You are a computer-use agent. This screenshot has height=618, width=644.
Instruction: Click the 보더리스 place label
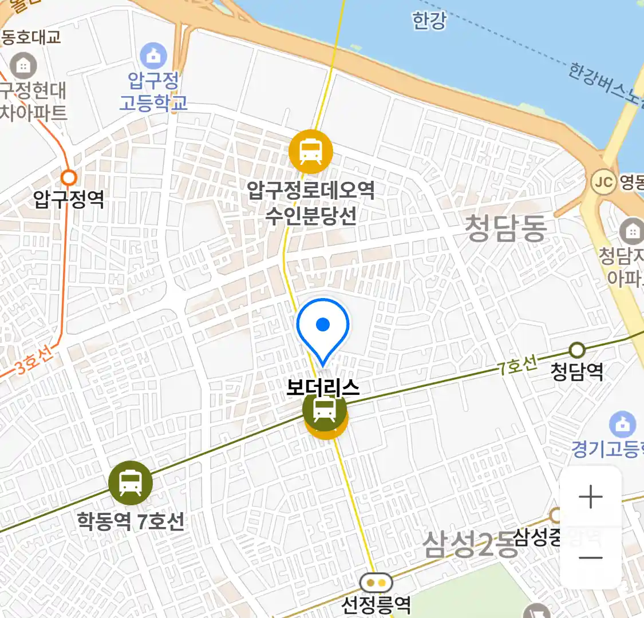pos(323,389)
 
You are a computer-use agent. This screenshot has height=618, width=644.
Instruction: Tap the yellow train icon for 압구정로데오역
pos(310,152)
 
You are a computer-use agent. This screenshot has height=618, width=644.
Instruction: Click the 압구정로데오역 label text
pos(311,190)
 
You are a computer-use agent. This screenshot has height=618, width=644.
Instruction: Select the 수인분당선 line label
pos(311,216)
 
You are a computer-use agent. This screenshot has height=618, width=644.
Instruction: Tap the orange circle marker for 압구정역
pos(69,177)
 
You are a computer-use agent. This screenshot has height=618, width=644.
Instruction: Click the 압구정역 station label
pos(69,199)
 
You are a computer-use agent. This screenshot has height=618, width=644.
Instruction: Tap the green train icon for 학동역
pos(131,483)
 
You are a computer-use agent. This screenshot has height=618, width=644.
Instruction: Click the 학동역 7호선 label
pos(131,521)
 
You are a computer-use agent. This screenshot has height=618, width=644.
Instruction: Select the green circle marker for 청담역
pos(577,350)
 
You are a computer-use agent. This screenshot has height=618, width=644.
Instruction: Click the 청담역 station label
pos(576,372)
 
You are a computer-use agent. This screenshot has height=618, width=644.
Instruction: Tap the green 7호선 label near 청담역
pos(517,366)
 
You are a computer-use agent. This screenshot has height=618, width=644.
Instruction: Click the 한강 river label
pos(429,21)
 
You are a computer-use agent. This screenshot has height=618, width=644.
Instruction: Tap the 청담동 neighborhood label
pos(505,228)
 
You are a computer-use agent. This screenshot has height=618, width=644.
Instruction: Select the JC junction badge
pos(603,183)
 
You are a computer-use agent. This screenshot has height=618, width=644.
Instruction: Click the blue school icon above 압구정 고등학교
pos(153,57)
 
